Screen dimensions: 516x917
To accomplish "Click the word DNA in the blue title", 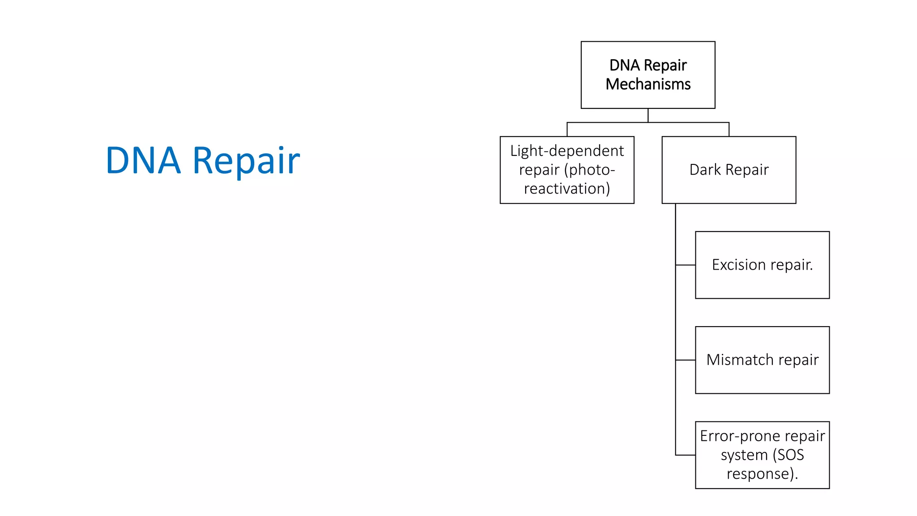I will point(143,160).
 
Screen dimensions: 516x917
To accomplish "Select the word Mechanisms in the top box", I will point(648,84).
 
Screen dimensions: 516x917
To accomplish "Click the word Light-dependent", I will point(567,151).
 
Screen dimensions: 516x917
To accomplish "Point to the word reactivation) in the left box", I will point(567,189).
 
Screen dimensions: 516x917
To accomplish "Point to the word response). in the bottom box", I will point(762,474).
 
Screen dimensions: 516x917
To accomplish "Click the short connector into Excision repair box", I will point(685,265).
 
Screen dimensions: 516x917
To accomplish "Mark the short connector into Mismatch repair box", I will point(685,360).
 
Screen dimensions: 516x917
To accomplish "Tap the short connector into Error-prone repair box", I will point(685,455).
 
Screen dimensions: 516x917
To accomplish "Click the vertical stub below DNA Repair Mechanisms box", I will point(648,115).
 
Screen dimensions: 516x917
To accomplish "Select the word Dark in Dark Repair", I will point(705,170).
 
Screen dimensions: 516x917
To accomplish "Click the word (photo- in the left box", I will point(590,170).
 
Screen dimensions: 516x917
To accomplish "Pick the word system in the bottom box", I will point(744,455).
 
